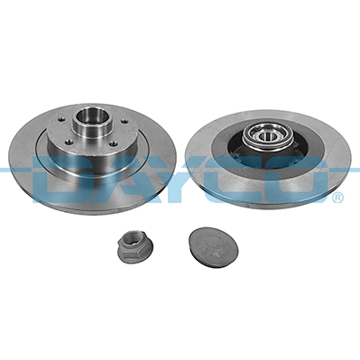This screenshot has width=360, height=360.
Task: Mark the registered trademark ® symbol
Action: pos(336,197)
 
